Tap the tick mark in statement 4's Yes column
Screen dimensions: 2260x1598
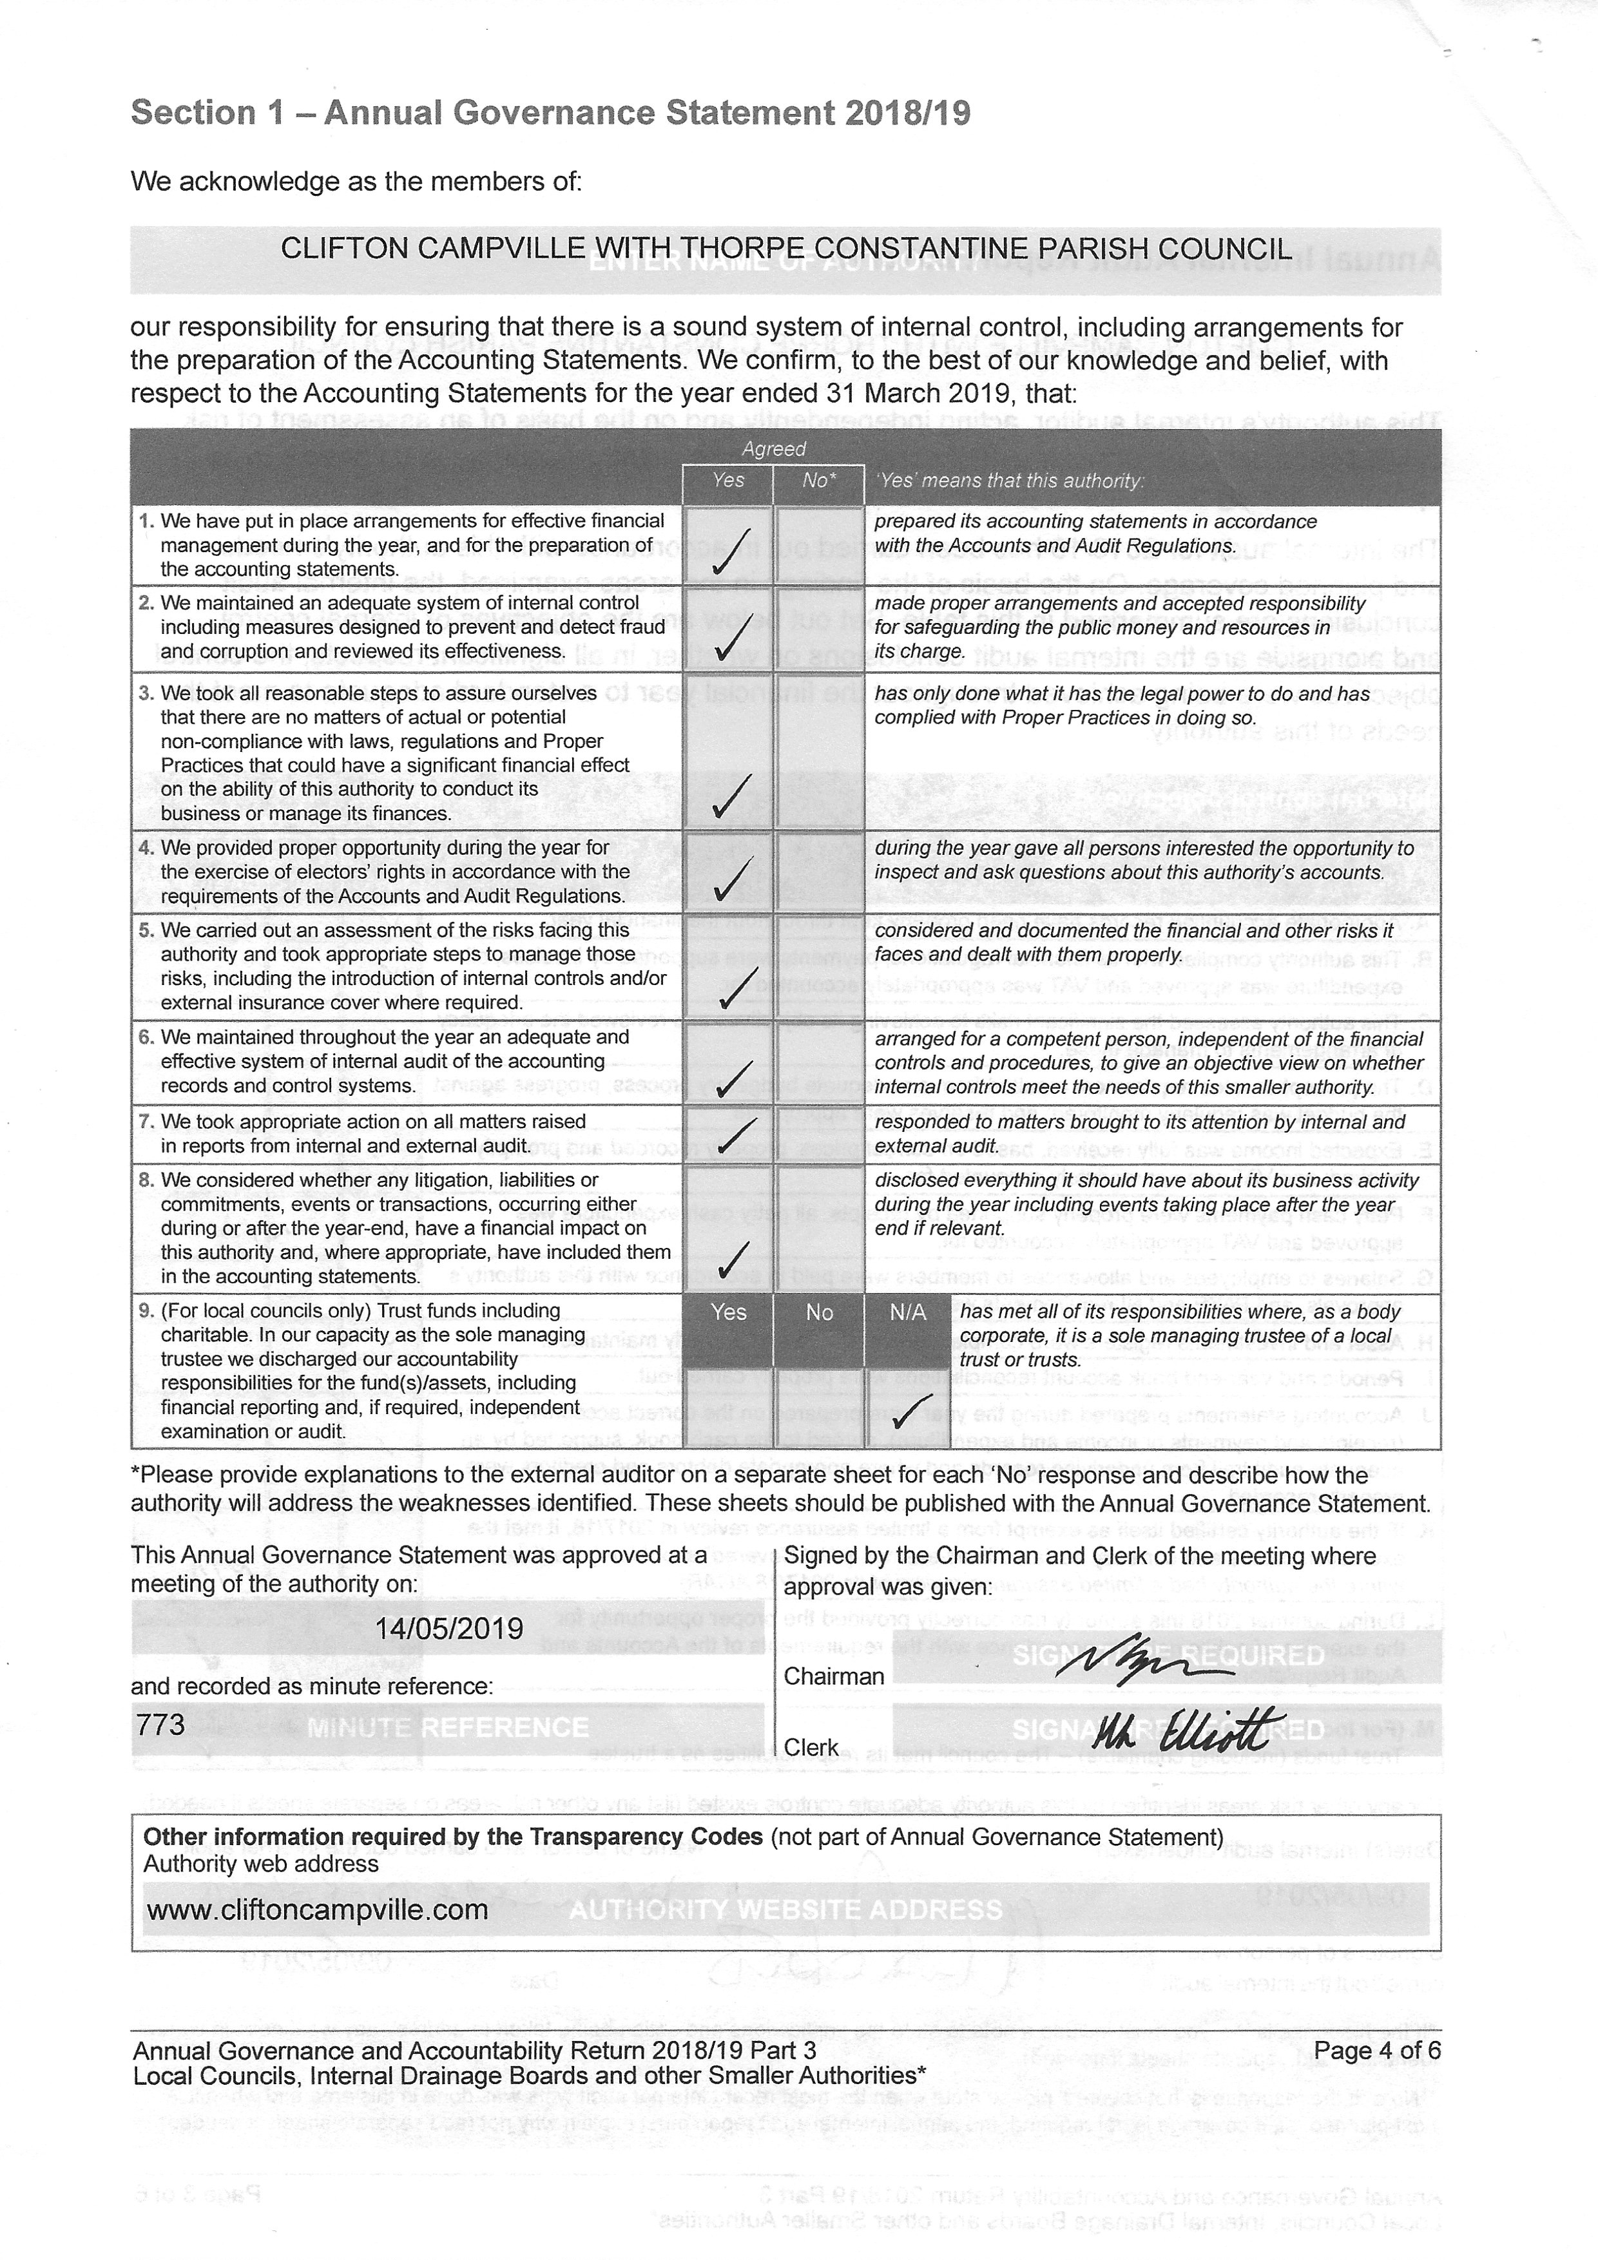[731, 879]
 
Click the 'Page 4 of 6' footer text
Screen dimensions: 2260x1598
[1376, 2051]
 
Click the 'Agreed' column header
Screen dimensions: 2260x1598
[774, 449]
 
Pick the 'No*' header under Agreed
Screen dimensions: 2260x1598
[818, 481]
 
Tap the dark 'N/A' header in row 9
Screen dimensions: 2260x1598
[908, 1312]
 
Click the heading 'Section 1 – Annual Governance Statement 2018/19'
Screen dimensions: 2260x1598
[550, 113]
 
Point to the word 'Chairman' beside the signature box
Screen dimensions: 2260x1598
[834, 1676]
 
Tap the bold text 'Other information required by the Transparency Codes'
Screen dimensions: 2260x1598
[453, 1837]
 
